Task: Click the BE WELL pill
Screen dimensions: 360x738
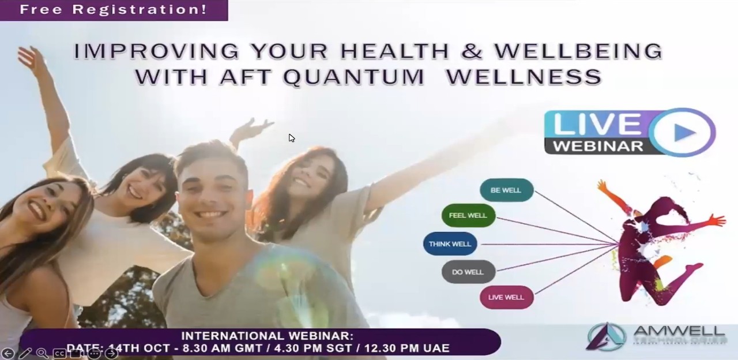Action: [x=506, y=190]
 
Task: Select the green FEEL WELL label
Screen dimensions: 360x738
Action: [x=468, y=216]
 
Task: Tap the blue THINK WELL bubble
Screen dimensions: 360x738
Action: [x=450, y=244]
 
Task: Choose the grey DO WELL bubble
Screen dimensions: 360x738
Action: [x=468, y=272]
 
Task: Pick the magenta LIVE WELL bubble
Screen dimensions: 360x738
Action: [x=506, y=297]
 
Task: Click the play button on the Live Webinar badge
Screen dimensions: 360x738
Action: [x=684, y=132]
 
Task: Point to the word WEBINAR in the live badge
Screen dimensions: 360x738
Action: [x=598, y=145]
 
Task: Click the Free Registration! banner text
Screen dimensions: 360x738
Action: [x=113, y=9]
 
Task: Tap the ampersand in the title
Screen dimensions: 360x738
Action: [x=472, y=51]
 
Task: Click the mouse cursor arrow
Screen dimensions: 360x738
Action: [x=292, y=138]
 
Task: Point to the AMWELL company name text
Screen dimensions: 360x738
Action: [x=679, y=332]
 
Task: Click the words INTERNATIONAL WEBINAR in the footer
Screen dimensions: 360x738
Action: [x=267, y=336]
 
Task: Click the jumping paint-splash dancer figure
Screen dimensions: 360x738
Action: [x=660, y=242]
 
